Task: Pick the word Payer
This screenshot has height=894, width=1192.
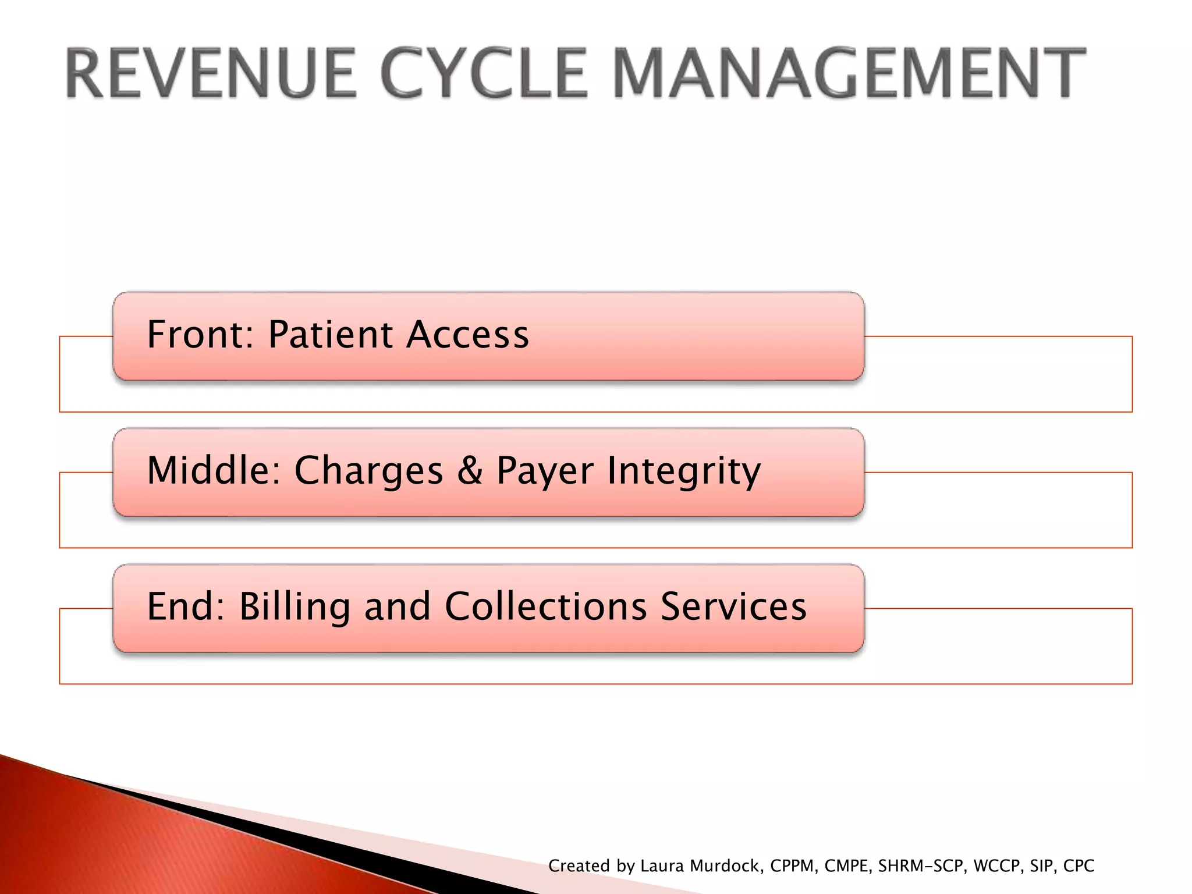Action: [x=545, y=471]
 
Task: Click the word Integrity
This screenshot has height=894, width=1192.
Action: [x=684, y=471]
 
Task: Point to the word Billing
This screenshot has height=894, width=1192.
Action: [x=295, y=606]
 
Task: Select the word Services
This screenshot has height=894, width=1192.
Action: [x=733, y=606]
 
